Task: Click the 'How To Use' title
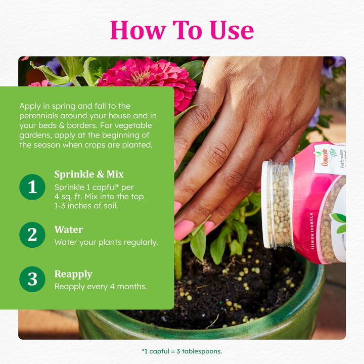coord(182,30)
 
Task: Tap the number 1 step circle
coord(32,187)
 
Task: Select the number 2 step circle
coord(32,235)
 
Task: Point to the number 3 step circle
coord(32,279)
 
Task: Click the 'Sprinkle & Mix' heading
coord(89,174)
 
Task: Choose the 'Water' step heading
coord(69,230)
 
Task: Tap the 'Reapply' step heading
coord(73,275)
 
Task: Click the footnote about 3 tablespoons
coord(182,351)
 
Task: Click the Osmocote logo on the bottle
coord(325,158)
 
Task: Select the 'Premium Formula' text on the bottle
coord(312,231)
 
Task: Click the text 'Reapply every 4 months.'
coord(101,287)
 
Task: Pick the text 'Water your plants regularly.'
coord(106,242)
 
